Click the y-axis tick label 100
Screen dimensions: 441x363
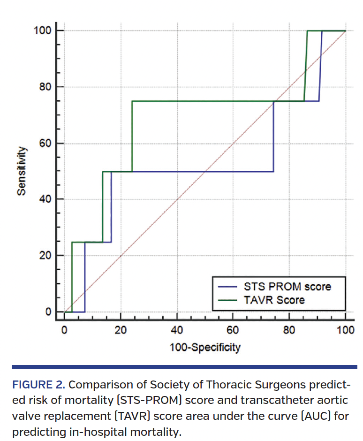[41, 31]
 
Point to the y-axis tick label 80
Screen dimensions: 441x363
[44, 87]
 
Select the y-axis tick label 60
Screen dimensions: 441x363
[44, 144]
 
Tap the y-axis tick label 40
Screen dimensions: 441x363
[44, 199]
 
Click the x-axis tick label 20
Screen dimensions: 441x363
[121, 330]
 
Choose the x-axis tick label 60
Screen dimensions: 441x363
[233, 330]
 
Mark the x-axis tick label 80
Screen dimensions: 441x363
[289, 330]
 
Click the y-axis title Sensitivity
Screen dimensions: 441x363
[21, 170]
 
